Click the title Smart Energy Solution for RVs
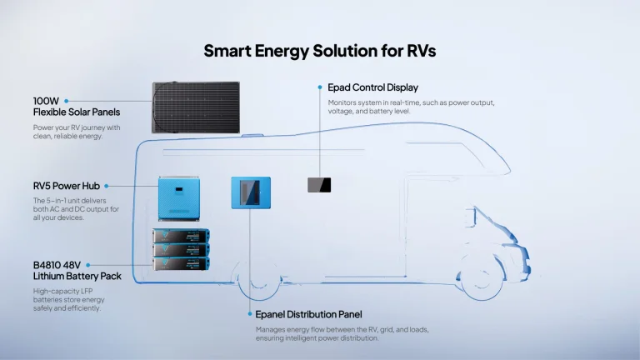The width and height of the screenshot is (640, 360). pos(320,51)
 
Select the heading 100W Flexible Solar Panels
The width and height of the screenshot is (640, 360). pos(76,105)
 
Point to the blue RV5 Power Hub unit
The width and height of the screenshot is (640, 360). pos(182,199)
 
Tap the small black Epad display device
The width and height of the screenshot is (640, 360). pos(318,185)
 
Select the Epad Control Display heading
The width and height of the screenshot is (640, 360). pos(372,87)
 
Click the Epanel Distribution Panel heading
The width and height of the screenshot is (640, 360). pos(308,314)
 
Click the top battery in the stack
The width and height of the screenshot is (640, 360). pos(180,236)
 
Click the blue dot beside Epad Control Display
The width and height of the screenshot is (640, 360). pos(318,87)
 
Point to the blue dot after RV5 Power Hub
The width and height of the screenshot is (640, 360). pos(107,186)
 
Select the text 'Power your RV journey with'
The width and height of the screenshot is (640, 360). pos(77,127)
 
